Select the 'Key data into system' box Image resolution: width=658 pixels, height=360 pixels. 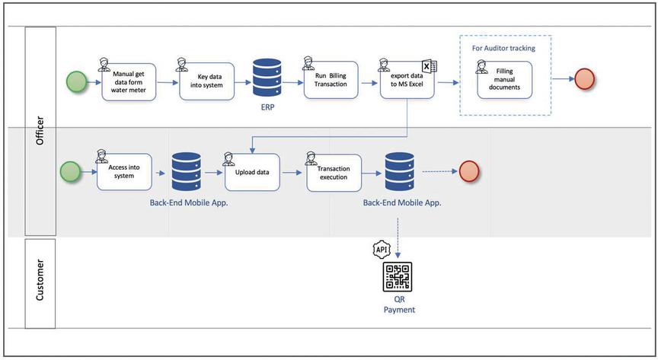click(x=205, y=81)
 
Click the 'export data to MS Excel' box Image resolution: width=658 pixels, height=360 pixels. click(x=407, y=81)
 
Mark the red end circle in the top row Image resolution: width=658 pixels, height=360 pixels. click(x=584, y=79)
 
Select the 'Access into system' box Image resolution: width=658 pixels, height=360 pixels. click(x=125, y=172)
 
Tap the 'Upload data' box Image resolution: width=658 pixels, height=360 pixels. click(x=251, y=172)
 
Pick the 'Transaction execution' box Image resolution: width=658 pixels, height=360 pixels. click(x=333, y=173)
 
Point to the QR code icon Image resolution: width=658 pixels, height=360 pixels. click(x=396, y=277)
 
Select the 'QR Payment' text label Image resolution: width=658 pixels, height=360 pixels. click(x=400, y=304)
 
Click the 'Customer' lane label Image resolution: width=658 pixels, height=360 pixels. click(x=40, y=282)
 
